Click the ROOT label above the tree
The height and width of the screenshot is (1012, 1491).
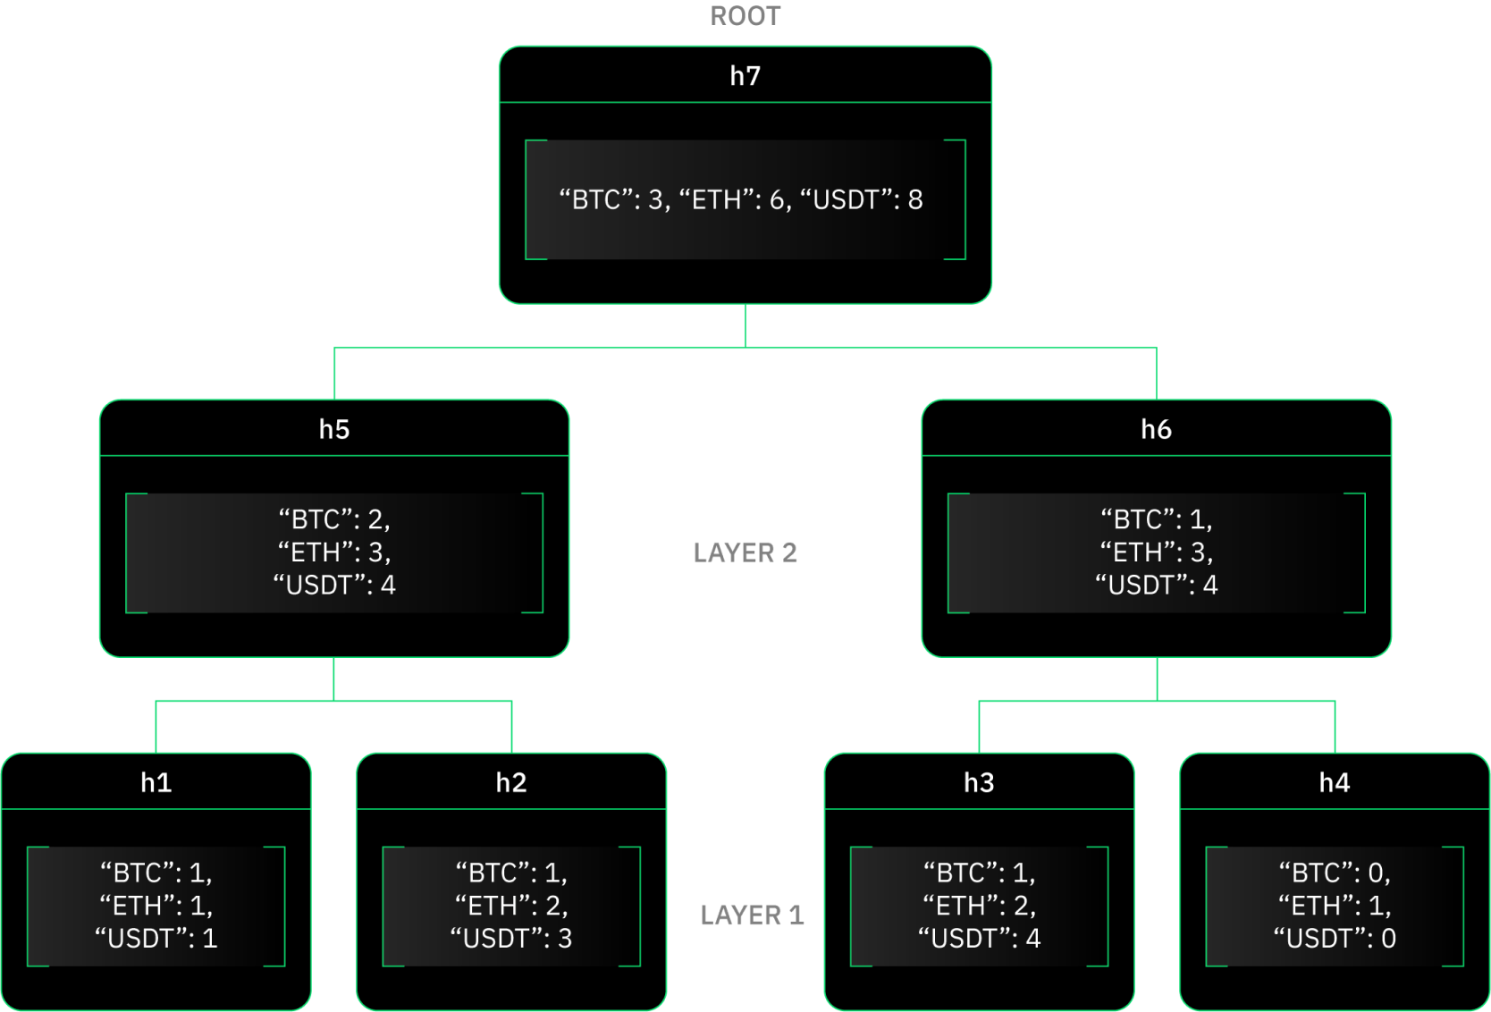click(745, 16)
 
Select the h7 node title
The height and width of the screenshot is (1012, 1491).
click(745, 76)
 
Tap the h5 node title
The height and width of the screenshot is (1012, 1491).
click(334, 430)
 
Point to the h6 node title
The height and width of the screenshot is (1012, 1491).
click(1156, 430)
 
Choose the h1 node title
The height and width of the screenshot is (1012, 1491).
click(156, 783)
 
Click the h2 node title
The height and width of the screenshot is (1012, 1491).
click(511, 783)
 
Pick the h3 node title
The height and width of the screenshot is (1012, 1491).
click(979, 783)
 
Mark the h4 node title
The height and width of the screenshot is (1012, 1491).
click(1335, 783)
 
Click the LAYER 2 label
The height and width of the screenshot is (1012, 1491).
click(745, 553)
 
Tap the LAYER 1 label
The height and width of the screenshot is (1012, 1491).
click(752, 915)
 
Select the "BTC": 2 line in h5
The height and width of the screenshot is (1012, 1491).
click(334, 519)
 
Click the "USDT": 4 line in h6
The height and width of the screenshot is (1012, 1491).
click(1156, 586)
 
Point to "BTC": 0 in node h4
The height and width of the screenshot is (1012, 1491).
click(1335, 873)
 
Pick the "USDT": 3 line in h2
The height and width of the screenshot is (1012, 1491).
click(511, 939)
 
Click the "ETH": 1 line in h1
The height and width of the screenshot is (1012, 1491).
click(156, 906)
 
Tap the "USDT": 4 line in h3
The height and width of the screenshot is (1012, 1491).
click(979, 939)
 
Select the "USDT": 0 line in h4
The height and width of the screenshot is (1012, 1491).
click(1335, 939)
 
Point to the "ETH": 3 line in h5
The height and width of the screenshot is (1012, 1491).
click(334, 552)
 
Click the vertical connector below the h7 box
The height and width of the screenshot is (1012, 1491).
click(745, 325)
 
